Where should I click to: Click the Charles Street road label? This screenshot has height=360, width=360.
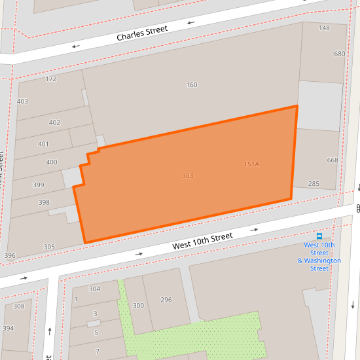[x=142, y=33]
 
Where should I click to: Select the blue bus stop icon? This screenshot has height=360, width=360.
[x=319, y=236]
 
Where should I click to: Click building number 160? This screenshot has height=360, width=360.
[x=192, y=85]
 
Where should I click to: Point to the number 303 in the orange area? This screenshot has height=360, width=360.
[x=187, y=176]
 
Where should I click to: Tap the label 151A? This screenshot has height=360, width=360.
[x=251, y=164]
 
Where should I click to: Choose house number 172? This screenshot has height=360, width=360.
[x=51, y=79]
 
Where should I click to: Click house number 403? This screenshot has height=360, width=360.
[x=22, y=101]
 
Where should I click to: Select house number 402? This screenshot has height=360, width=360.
[x=54, y=122]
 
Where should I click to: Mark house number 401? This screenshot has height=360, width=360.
[x=43, y=144]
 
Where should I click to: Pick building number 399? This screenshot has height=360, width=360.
[x=38, y=185]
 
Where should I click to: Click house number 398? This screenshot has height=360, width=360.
[x=44, y=202]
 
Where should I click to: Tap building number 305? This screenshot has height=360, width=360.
[x=49, y=247]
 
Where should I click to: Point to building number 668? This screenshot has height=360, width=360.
[x=333, y=160]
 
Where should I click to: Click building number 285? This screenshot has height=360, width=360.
[x=314, y=184]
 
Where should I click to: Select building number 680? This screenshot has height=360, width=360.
[x=339, y=54]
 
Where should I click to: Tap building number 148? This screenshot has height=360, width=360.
[x=324, y=28]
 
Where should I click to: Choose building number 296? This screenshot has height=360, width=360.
[x=166, y=300]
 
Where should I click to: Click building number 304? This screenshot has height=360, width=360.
[x=94, y=289]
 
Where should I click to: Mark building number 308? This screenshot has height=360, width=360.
[x=19, y=306]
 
